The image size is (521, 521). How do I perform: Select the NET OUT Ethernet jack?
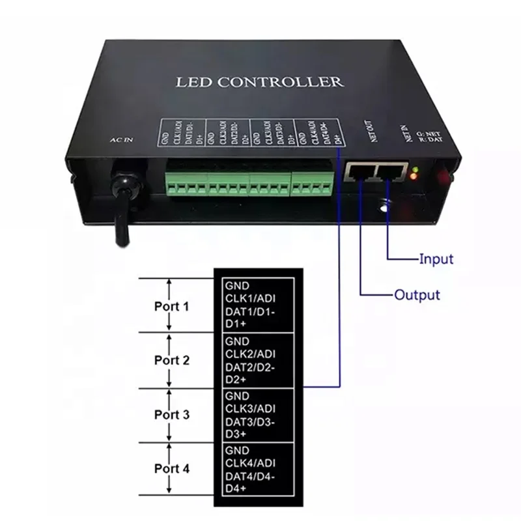(359, 172)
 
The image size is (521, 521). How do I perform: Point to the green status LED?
(415, 171)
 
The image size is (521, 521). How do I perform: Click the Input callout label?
(436, 259)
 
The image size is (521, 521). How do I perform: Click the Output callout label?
(417, 294)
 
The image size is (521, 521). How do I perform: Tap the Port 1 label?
(172, 305)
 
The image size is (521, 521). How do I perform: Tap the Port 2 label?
(172, 360)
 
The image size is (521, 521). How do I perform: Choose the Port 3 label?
(172, 414)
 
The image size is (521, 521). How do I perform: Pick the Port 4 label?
(172, 468)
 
